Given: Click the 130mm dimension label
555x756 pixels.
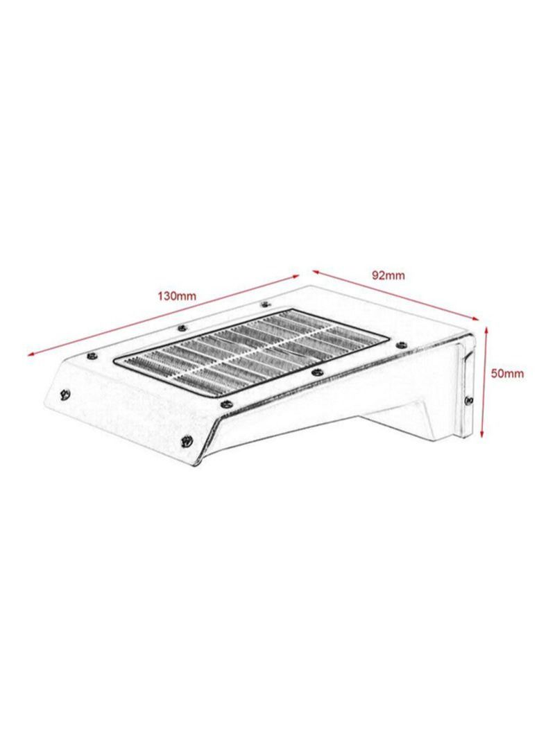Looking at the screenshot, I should coord(177,295).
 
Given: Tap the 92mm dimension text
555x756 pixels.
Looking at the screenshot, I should coord(388,275).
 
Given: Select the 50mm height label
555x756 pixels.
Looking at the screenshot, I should coord(507,373).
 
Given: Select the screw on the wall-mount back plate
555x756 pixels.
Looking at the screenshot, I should coord(470,401).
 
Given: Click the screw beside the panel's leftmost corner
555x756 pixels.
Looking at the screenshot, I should coord(91,355).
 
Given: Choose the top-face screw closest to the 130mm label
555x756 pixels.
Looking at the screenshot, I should coord(182,327).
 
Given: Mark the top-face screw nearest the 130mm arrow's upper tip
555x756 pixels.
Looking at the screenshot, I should coord(264,304).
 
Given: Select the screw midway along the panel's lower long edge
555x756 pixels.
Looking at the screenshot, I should coord(316,372).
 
